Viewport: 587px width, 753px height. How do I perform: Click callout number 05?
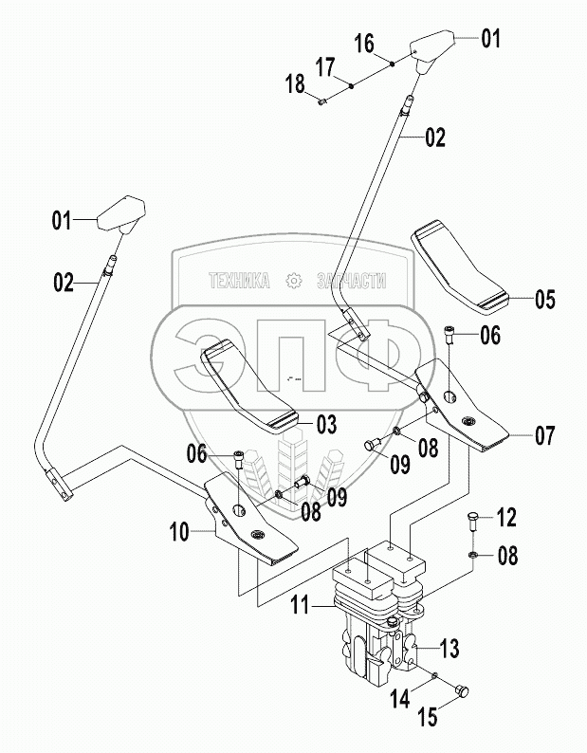545,299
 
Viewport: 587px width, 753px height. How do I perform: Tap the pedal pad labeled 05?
459,266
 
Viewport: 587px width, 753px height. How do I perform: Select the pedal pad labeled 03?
249,387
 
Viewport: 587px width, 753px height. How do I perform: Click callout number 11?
301,605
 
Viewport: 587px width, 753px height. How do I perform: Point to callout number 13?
450,649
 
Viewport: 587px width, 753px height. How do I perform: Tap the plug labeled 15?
462,691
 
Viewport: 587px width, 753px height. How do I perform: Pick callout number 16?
364,44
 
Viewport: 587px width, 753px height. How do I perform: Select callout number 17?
325,67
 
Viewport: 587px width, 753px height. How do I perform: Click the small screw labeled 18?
322,101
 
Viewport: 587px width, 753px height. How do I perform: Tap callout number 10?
179,532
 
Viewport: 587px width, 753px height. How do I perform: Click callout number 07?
545,435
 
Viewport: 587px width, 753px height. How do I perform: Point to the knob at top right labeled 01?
431,50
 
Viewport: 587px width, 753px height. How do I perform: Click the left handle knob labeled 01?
121,214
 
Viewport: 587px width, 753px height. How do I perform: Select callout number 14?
399,698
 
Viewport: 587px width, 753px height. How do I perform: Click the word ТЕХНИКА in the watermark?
239,281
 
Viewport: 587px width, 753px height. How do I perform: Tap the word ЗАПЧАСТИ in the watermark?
352,281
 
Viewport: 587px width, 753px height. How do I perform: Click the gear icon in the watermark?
293,281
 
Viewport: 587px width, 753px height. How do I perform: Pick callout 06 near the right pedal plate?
490,335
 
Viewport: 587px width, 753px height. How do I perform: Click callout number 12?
506,517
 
